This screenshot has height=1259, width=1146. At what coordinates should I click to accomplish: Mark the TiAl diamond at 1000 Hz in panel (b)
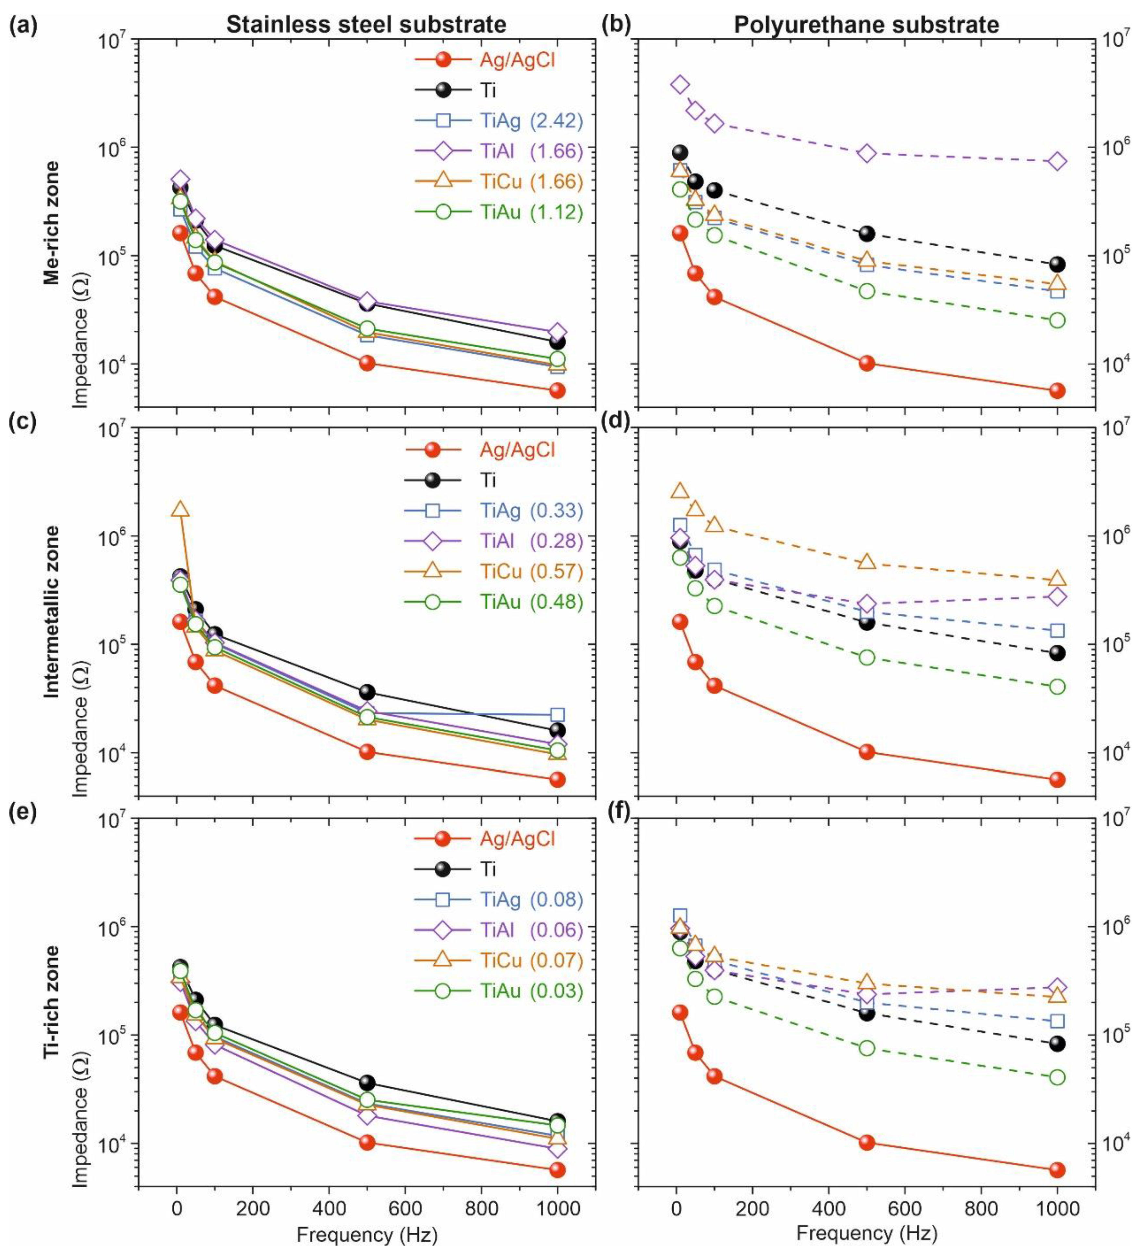[x=1057, y=161]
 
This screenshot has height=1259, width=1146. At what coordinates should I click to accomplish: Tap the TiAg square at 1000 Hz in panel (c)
[x=558, y=714]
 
